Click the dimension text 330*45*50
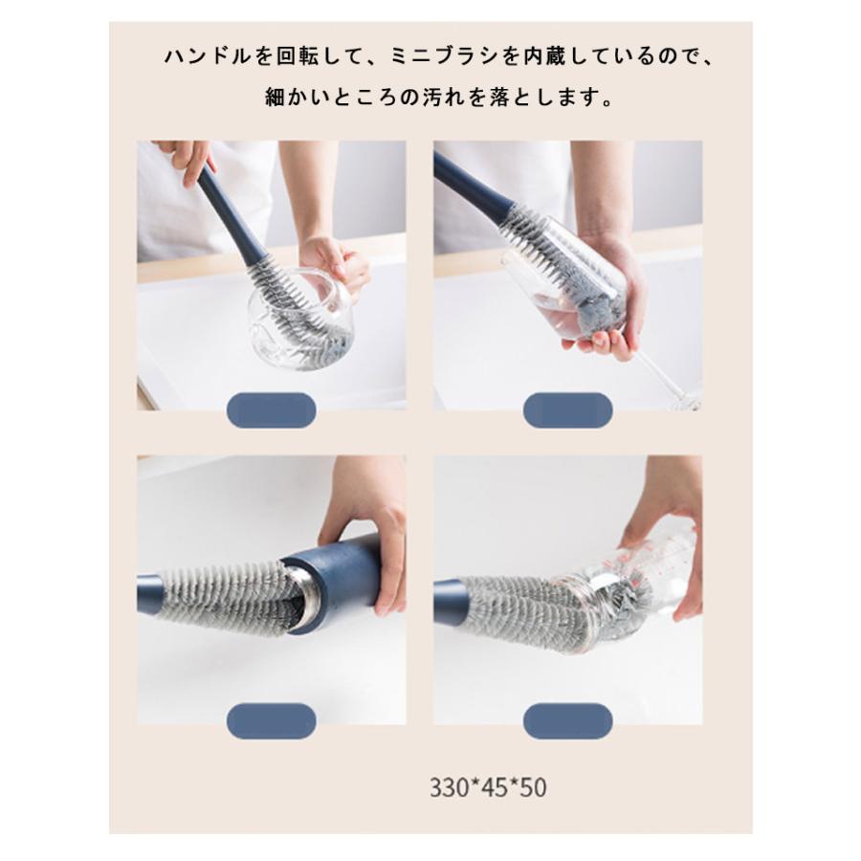(488, 787)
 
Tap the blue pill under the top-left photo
(272, 410)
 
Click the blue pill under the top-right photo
(567, 410)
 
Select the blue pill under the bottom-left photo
(272, 721)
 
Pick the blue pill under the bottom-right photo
(567, 721)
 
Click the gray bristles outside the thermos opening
(220, 596)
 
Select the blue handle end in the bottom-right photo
(448, 602)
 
